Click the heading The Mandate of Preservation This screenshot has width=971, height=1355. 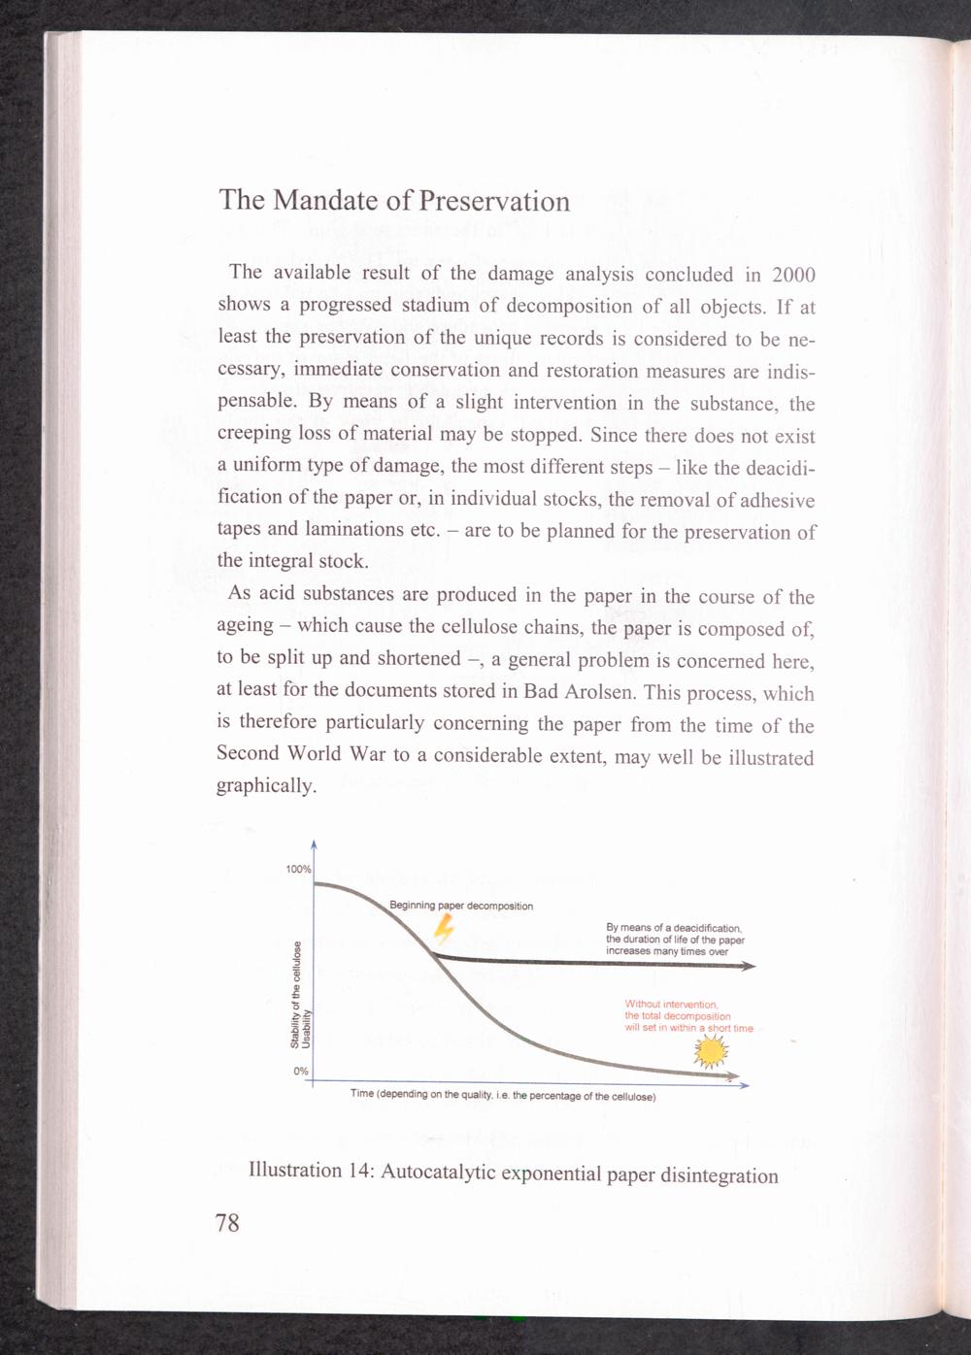(x=394, y=200)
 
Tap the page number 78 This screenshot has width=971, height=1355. (x=227, y=1222)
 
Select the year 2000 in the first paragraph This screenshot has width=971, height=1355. (x=788, y=276)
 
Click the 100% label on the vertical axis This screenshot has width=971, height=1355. (x=298, y=869)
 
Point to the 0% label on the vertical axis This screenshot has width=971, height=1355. (x=301, y=1071)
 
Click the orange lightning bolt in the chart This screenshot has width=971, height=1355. (x=444, y=930)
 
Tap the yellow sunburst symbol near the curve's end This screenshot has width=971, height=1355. (x=711, y=1050)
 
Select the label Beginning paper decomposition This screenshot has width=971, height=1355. (x=461, y=906)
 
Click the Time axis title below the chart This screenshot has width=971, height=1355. (x=503, y=1096)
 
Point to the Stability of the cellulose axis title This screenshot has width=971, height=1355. (x=295, y=995)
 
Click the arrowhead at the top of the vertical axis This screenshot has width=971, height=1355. (x=314, y=844)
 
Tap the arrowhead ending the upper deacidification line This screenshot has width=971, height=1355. (x=750, y=967)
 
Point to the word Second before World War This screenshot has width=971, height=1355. (x=248, y=753)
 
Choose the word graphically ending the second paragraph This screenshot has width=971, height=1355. (x=266, y=786)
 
